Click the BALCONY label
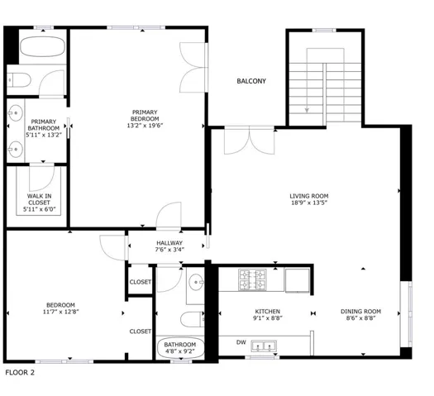click(251, 81)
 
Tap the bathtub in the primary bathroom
click(43, 47)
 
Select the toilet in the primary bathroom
click(19, 80)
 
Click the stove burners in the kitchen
click(252, 279)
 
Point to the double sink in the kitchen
click(264, 346)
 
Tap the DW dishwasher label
click(241, 342)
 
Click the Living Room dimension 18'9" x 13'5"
click(309, 203)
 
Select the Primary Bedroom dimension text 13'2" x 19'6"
click(145, 126)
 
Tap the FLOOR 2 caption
click(20, 373)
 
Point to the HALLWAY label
click(169, 243)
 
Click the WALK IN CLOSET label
click(40, 199)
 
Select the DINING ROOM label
click(360, 312)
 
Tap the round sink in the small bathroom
click(196, 282)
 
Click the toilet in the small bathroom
click(193, 319)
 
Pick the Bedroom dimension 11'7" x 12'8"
click(61, 312)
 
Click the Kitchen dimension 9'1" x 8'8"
click(268, 318)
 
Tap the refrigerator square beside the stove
click(298, 280)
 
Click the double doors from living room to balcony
click(249, 140)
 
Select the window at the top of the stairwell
click(324, 30)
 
